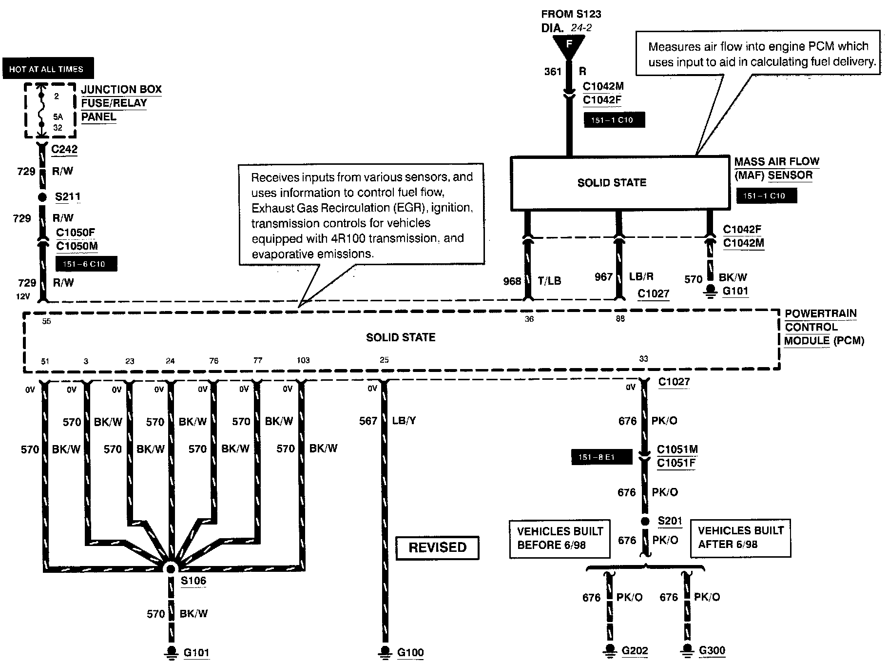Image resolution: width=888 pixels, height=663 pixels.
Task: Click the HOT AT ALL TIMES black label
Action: pos(47,69)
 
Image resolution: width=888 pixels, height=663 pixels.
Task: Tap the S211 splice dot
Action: pos(42,197)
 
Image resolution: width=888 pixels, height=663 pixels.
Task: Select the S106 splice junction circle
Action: pos(170,568)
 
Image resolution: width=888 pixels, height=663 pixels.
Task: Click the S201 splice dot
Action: pos(645,521)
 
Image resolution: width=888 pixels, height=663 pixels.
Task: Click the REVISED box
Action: pos(437,547)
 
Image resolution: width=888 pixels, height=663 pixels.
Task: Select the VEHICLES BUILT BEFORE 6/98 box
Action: pos(560,538)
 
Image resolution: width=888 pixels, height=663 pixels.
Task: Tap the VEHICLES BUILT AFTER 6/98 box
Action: pos(740,538)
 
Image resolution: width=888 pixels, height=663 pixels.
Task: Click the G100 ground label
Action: pos(410,652)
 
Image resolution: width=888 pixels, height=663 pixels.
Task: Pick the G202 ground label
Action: pos(635,651)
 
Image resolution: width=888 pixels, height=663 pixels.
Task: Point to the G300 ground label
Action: pos(712,650)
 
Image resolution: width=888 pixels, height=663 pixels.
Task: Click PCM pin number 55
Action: pos(46,321)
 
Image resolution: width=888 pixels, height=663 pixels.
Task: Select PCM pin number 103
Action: pos(303,360)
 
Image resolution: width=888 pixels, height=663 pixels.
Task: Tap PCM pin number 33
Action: pos(643,359)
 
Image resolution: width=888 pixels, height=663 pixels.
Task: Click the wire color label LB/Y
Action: pos(404,421)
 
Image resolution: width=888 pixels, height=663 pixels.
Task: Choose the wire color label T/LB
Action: pos(549,281)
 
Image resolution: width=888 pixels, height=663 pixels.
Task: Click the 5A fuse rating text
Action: pos(58,117)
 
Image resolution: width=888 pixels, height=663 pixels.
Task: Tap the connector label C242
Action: pos(64,149)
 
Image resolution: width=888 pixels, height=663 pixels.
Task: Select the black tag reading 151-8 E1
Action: pos(596,457)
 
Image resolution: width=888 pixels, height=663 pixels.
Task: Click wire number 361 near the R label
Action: pos(553,72)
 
